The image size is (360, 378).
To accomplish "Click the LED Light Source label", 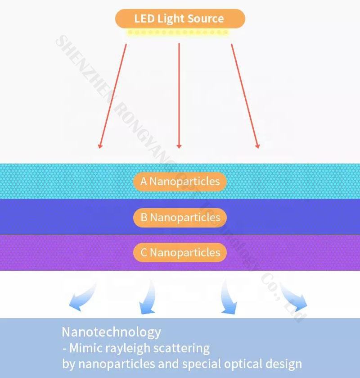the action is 180,19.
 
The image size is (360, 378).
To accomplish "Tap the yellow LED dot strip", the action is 178,32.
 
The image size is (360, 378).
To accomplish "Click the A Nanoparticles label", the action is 180,182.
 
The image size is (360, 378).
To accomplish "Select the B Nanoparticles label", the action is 180,218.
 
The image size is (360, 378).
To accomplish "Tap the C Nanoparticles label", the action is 180,252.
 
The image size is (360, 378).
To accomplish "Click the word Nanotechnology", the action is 111,332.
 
